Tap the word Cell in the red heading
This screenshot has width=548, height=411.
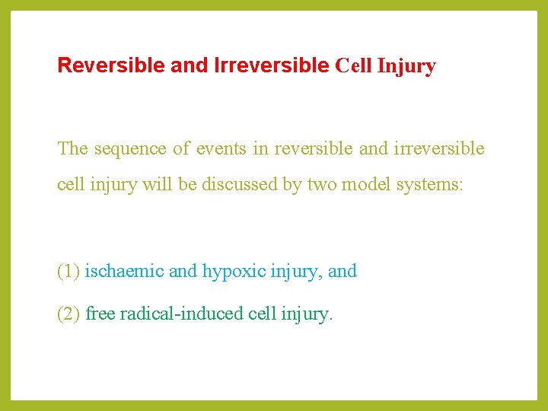pyautogui.click(x=353, y=66)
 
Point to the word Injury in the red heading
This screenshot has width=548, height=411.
pyautogui.click(x=406, y=67)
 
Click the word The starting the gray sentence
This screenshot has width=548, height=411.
pyautogui.click(x=73, y=148)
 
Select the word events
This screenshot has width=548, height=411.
pyautogui.click(x=221, y=148)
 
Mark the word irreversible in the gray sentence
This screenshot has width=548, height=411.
pyautogui.click(x=439, y=148)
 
